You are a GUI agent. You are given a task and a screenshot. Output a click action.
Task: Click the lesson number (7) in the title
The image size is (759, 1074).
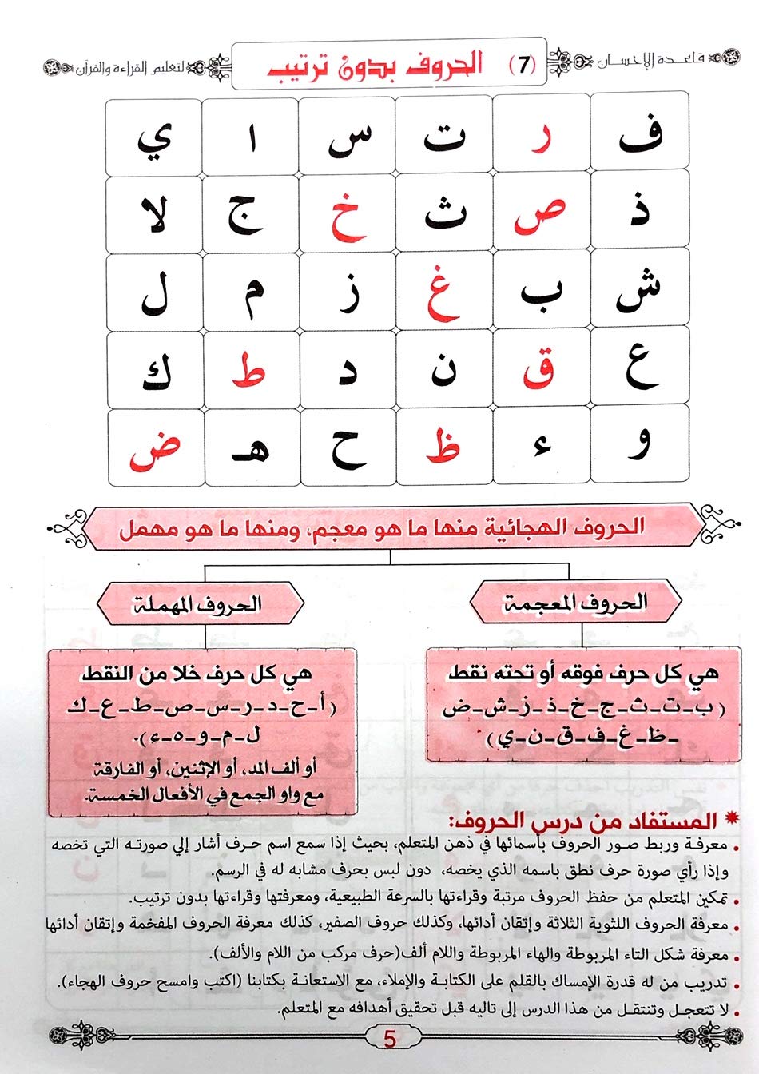point(523,66)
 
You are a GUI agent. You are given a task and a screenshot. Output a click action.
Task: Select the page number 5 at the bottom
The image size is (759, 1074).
point(390,1038)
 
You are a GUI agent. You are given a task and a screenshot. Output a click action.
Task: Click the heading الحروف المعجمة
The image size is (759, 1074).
point(575,603)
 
